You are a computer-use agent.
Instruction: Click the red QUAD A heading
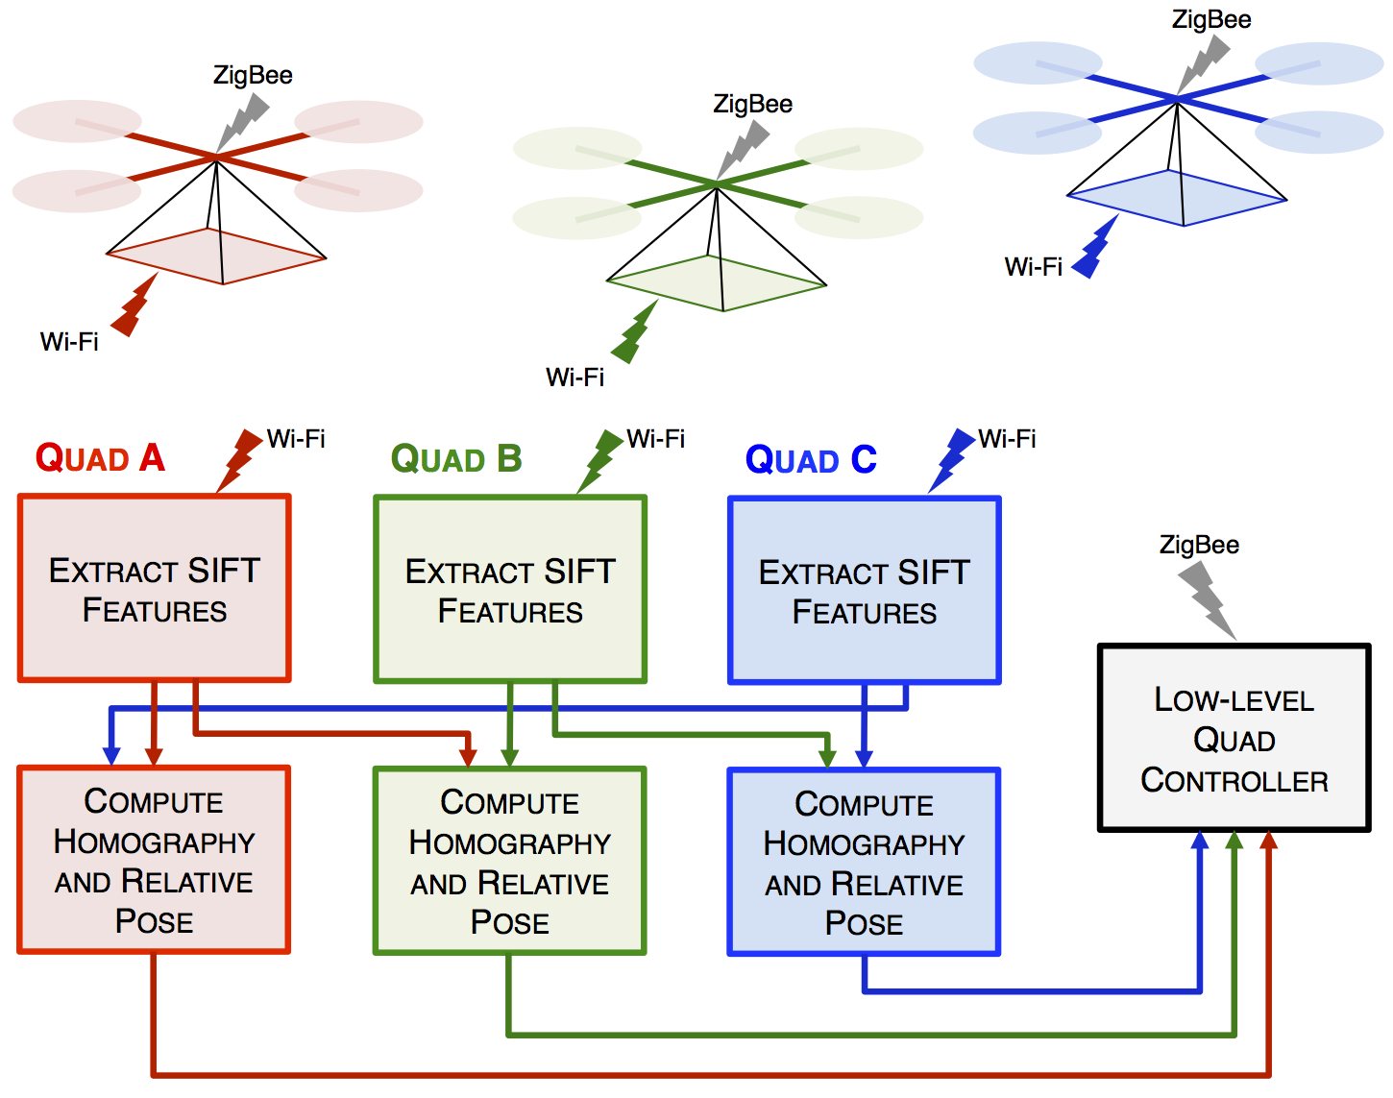point(100,458)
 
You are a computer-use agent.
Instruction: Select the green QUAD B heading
point(456,459)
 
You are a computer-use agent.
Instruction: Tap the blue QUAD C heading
point(811,460)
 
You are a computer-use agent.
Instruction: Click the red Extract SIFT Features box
point(155,589)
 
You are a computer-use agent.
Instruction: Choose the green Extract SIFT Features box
point(510,590)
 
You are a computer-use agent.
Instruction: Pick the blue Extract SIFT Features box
point(865,591)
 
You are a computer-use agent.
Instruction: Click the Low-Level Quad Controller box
point(1234,738)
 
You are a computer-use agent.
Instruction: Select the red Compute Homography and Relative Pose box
point(154,860)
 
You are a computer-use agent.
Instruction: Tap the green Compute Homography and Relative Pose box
point(510,861)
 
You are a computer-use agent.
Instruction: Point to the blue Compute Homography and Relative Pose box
point(865,862)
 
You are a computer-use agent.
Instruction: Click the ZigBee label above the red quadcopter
point(253,75)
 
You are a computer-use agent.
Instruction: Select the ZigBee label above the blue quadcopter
point(1211,19)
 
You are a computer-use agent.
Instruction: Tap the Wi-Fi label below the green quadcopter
point(574,378)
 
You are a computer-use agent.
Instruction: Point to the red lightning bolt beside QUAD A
point(238,460)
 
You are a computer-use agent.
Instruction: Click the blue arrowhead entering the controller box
point(1199,842)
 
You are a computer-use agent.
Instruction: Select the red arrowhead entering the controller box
point(1269,842)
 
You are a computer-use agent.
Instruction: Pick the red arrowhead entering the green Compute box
point(468,757)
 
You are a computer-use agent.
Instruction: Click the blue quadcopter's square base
point(1177,198)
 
